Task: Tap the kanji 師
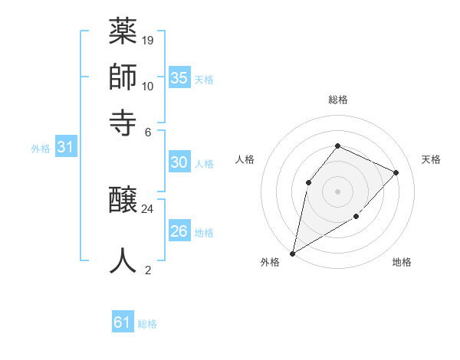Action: tap(123, 77)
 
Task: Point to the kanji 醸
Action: tap(123, 201)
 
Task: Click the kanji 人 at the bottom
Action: tap(123, 260)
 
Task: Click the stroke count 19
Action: tap(148, 40)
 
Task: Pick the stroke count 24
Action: tap(148, 208)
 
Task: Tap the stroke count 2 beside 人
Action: tap(148, 270)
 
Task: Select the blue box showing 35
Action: tap(179, 77)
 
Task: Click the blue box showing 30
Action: tap(179, 162)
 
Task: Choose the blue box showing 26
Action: tap(179, 231)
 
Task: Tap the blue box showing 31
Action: tap(65, 148)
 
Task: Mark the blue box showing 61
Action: tap(123, 322)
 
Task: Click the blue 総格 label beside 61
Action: tap(147, 324)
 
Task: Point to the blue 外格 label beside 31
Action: tap(41, 149)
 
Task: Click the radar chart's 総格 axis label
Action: tap(337, 100)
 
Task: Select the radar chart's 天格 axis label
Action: tap(431, 159)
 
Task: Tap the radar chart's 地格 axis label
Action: tap(402, 263)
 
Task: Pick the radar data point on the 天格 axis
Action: tap(396, 172)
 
